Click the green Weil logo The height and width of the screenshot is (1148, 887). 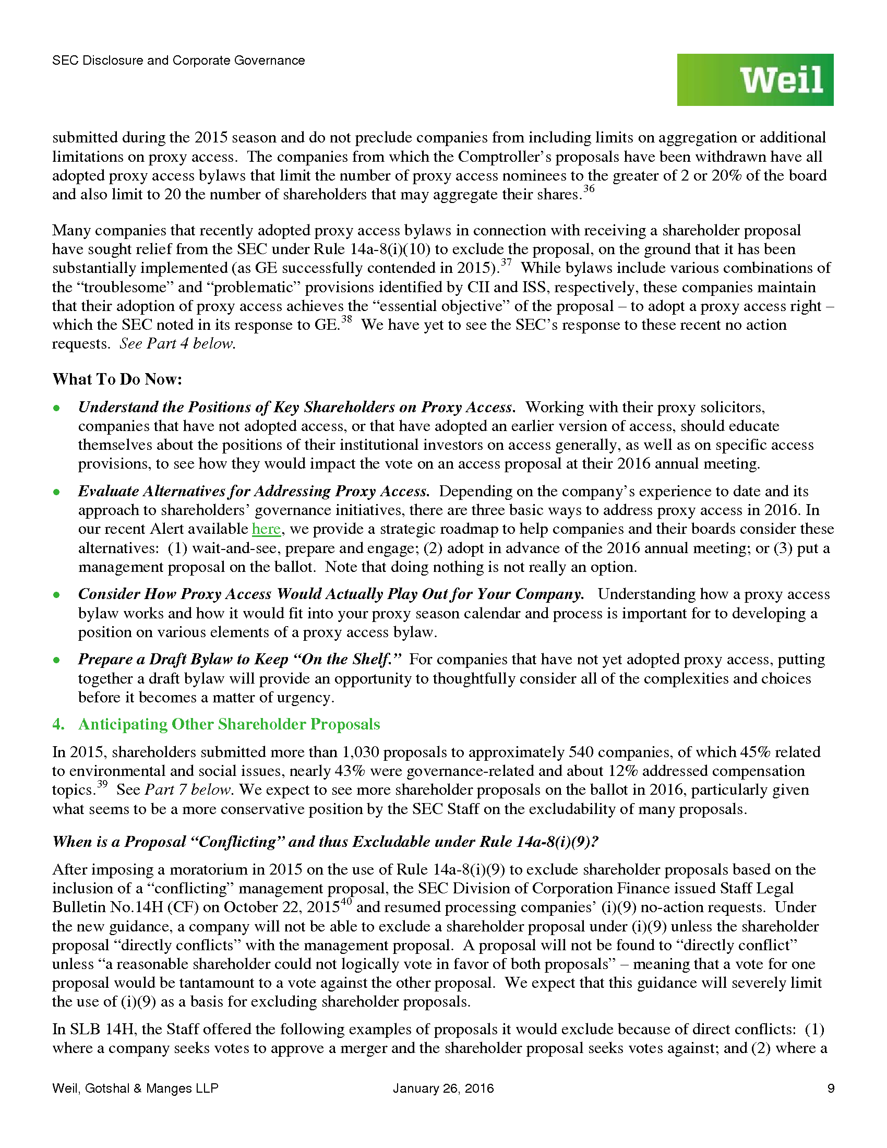click(x=754, y=80)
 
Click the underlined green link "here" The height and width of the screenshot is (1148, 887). click(x=266, y=529)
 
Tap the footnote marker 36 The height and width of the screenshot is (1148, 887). click(x=589, y=189)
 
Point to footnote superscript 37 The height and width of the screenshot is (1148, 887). click(x=505, y=263)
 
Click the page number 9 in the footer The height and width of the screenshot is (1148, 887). click(x=831, y=1088)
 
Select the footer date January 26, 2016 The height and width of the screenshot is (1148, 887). click(x=443, y=1088)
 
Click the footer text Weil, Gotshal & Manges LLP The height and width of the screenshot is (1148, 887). click(x=135, y=1088)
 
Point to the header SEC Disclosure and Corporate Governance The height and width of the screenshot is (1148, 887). click(x=178, y=61)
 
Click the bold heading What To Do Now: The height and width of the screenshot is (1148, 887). click(x=117, y=379)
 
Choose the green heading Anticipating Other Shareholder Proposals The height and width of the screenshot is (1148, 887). click(x=229, y=724)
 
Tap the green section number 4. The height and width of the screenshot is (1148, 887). click(x=58, y=724)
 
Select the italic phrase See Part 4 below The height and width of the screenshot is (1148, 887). click(x=177, y=344)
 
